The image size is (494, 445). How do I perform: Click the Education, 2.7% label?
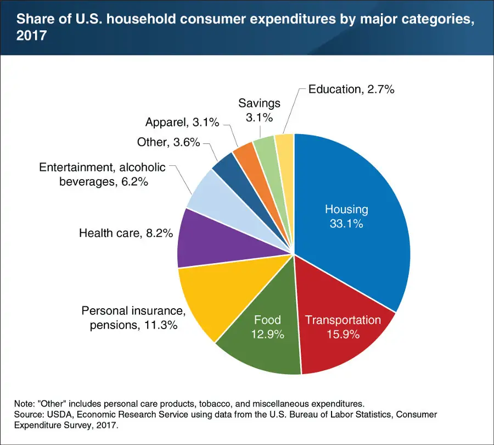point(351,89)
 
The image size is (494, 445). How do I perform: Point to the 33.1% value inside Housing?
point(346,224)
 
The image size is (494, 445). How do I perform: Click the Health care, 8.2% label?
point(126,233)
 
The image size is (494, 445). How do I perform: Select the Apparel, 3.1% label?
point(182,122)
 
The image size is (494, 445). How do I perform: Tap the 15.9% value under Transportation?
point(343,335)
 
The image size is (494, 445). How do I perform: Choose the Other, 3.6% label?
point(169,142)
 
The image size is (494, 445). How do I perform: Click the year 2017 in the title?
point(31,36)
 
